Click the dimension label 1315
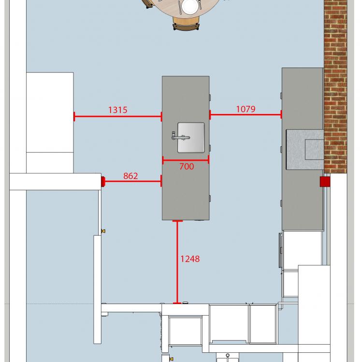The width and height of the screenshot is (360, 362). [117, 110]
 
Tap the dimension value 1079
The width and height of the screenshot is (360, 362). [245, 109]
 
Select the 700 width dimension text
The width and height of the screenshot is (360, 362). [187, 167]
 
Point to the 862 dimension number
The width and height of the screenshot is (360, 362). [130, 176]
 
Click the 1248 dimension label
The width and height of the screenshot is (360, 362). [190, 259]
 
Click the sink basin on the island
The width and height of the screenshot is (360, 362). [191, 138]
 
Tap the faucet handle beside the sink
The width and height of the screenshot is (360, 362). [180, 137]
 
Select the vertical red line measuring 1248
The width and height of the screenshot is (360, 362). [177, 262]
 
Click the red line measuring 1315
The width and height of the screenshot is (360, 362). [117, 116]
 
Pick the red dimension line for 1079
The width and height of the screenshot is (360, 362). [245, 114]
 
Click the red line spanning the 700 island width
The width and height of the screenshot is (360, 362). [186, 160]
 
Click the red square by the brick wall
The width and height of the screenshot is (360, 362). [325, 181]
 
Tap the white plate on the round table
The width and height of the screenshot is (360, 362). [190, 6]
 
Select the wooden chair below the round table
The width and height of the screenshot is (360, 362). [186, 23]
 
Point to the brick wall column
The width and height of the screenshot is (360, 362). [335, 86]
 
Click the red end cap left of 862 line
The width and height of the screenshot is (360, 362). [103, 181]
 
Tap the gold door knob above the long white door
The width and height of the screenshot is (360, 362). [103, 231]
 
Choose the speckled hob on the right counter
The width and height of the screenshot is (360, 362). [305, 150]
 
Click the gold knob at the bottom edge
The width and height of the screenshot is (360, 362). [171, 359]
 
